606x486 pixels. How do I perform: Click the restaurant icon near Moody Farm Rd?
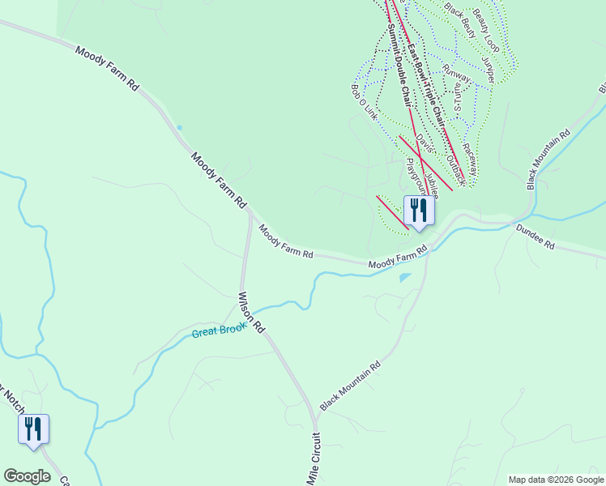pos(419,210)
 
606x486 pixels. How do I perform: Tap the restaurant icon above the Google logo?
pos(33,428)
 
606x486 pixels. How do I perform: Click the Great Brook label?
pos(219,330)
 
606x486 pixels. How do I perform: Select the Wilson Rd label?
pos(251,312)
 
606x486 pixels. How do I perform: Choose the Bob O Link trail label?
pos(365,101)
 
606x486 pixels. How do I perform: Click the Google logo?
pos(27,476)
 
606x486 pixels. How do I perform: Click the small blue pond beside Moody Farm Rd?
pos(404,278)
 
